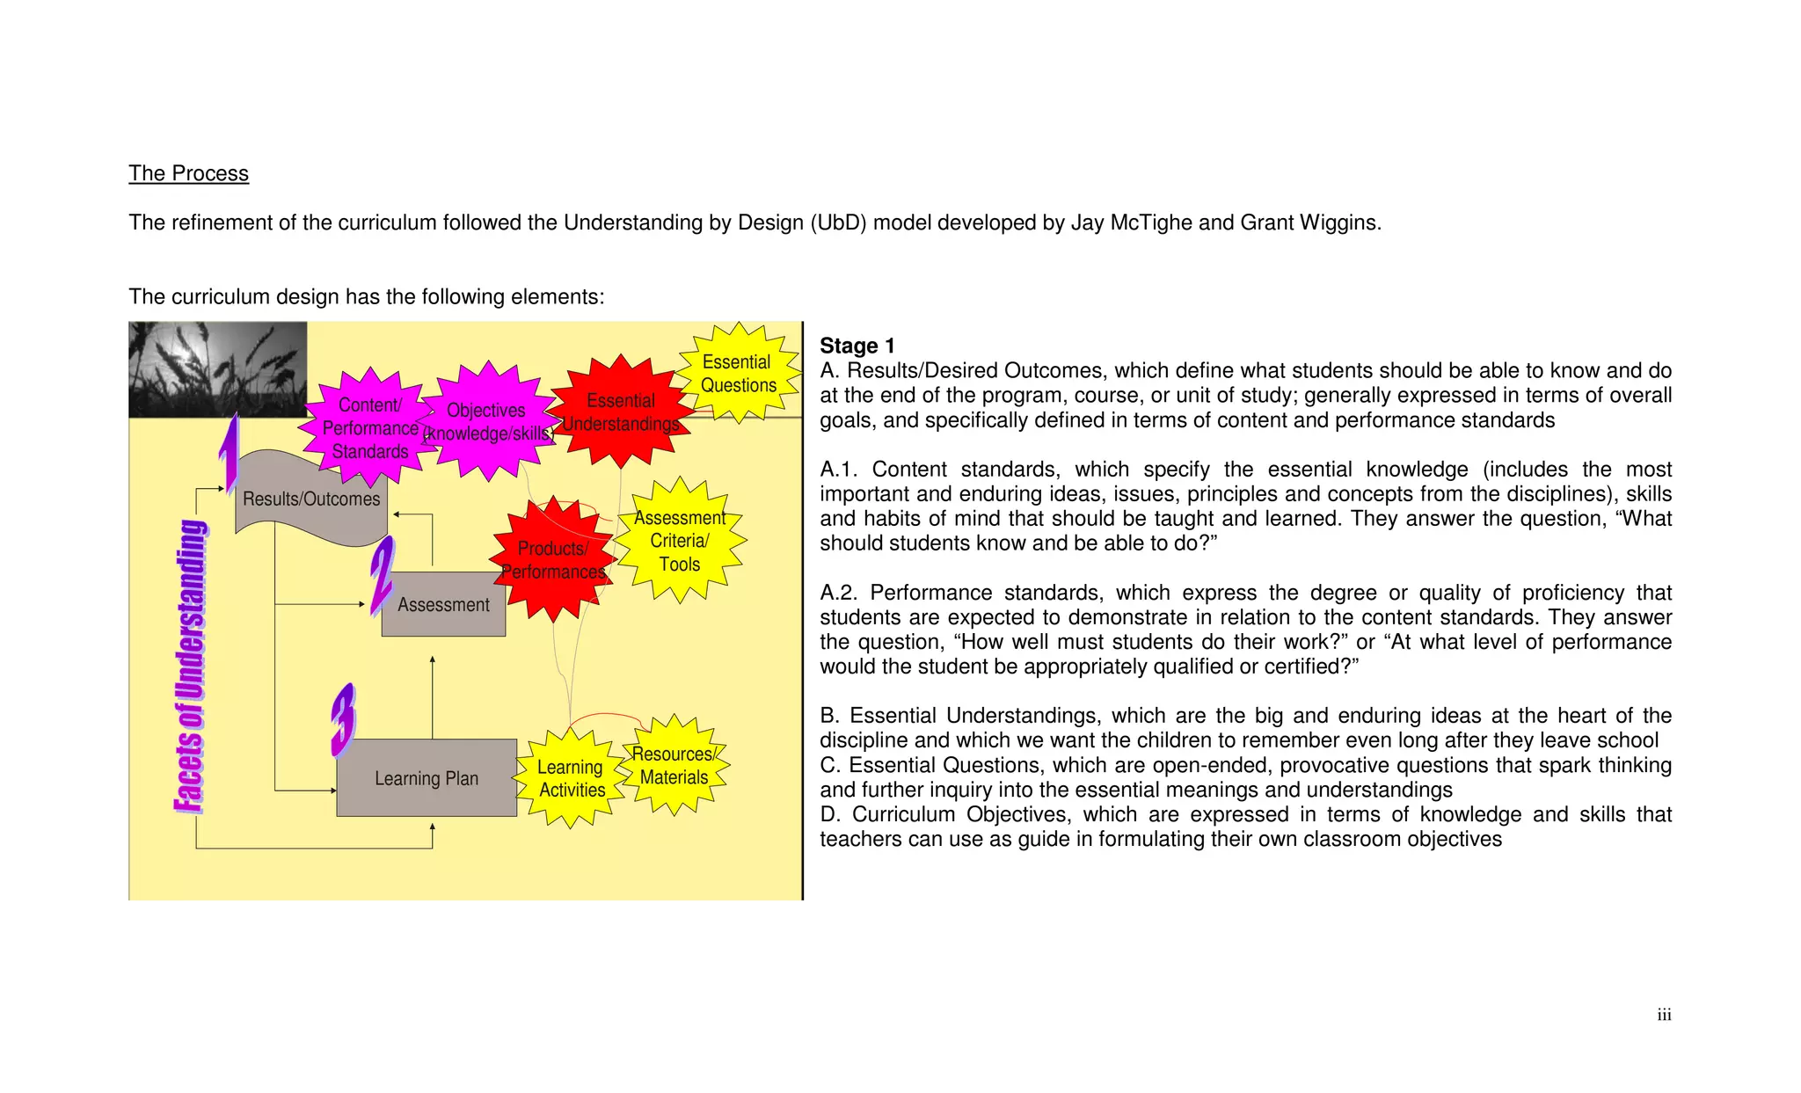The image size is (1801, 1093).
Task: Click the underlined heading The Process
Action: (188, 173)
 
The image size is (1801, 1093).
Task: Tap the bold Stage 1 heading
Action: (857, 346)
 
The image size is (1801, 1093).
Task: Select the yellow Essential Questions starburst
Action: (739, 374)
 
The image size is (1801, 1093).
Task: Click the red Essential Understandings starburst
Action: (621, 412)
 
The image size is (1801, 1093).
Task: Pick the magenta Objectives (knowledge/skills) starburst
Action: (487, 422)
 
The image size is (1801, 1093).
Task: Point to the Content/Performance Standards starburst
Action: (369, 428)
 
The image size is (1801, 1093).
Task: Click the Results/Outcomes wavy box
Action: (310, 499)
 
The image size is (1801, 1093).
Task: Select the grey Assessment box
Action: (443, 605)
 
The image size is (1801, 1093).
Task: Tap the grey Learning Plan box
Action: (427, 778)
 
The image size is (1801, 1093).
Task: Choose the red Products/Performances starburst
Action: (553, 560)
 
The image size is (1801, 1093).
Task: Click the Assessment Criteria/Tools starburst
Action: (680, 541)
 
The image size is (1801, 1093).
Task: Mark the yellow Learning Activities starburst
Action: (572, 778)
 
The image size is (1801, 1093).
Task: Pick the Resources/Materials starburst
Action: (674, 765)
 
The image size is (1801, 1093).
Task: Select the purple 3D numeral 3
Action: (344, 721)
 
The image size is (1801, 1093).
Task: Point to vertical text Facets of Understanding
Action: (191, 666)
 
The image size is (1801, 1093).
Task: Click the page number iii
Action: (1664, 1015)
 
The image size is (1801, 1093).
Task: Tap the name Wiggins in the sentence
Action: (1342, 222)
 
